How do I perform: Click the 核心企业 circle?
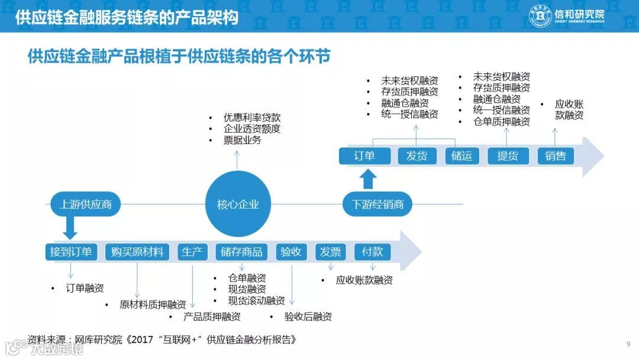[238, 205]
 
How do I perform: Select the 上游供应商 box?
[85, 205]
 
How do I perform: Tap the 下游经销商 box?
[377, 205]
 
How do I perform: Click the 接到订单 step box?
[71, 252]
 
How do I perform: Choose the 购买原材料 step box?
[137, 252]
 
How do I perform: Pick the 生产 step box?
[192, 252]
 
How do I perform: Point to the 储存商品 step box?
[241, 252]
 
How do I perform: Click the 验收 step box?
[291, 252]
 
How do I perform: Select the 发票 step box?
[330, 252]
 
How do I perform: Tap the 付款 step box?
[373, 252]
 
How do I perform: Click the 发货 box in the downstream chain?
[417, 156]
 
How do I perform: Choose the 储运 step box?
[461, 156]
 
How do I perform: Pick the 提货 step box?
[508, 156]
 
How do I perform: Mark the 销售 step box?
[556, 156]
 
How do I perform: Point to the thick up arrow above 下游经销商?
[368, 178]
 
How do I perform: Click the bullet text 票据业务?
[242, 141]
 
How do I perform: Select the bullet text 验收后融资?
[308, 317]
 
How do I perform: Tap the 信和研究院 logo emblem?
[540, 17]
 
